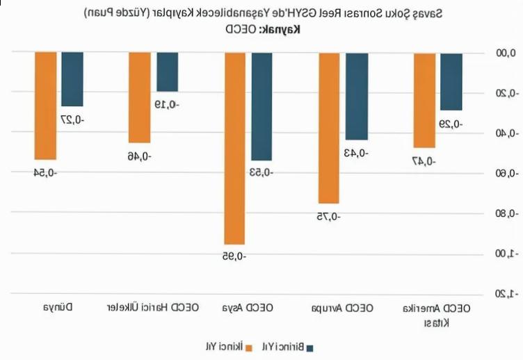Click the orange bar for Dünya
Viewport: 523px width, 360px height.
(45, 106)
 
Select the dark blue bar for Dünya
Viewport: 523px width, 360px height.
(72, 79)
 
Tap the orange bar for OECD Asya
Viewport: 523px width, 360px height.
(234, 148)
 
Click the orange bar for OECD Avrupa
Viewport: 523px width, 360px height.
(329, 127)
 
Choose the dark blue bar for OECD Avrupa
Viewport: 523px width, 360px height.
(356, 96)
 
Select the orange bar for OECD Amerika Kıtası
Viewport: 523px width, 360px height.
(424, 100)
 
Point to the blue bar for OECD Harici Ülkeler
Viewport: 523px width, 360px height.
(167, 72)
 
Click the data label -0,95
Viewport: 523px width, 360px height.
(234, 256)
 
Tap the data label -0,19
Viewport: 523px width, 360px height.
(167, 105)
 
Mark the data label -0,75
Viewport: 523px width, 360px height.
(329, 217)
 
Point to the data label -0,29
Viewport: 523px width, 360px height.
(451, 124)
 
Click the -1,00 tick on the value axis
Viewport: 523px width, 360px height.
(503, 254)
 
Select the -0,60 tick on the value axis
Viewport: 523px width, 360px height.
(503, 173)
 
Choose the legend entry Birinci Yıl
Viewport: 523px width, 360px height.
(287, 346)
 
